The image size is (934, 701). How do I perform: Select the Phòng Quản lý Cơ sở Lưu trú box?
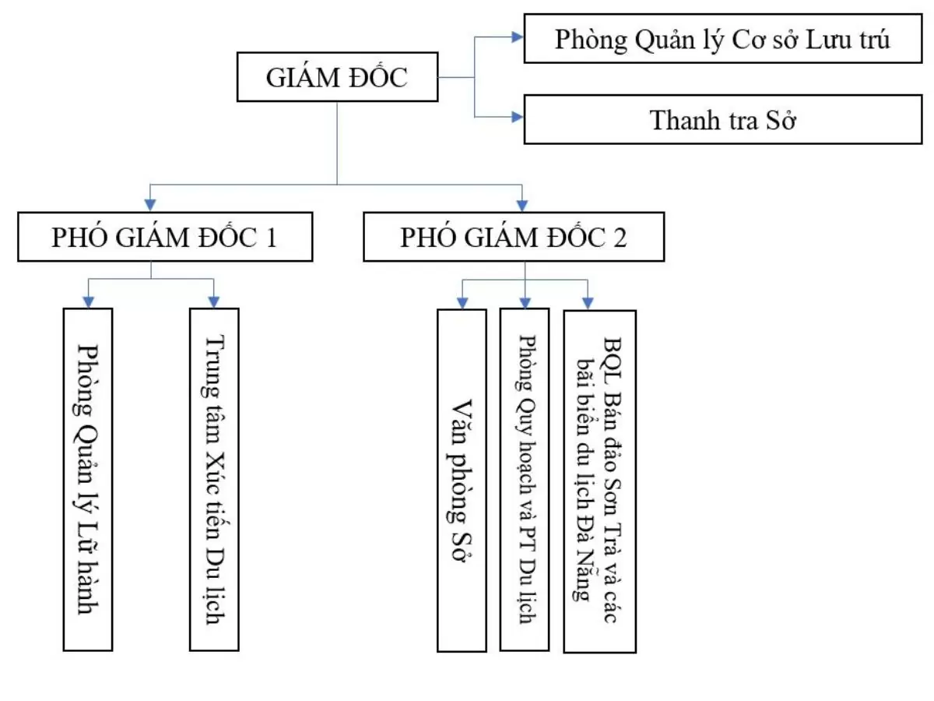[722, 39]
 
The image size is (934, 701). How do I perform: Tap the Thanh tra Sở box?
[722, 120]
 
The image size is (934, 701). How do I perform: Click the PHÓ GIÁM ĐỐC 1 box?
[164, 238]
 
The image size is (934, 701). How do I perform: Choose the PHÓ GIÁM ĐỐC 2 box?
[514, 238]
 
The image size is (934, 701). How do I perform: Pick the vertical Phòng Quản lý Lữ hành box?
[88, 479]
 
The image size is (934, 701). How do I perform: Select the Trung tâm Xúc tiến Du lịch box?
[214, 479]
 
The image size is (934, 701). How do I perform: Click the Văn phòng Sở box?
[462, 480]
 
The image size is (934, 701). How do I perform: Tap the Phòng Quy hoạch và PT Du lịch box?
[525, 480]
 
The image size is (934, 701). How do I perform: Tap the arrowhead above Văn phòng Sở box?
[462, 302]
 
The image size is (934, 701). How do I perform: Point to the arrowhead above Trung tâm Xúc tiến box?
[214, 301]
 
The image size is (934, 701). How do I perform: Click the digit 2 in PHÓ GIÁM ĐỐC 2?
[620, 238]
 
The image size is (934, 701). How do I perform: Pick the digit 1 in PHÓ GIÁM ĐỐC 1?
[270, 238]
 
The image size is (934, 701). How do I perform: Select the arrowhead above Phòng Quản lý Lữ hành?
[88, 301]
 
